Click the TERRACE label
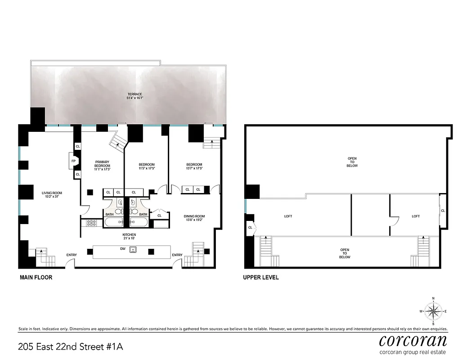(x=134, y=94)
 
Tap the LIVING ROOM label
(x=52, y=193)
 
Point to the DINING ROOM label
(x=194, y=216)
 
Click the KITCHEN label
(x=129, y=235)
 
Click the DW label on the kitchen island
(x=122, y=248)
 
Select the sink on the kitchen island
(x=133, y=250)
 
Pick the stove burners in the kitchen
(x=92, y=222)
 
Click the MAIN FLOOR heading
(x=36, y=278)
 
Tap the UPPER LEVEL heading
(x=261, y=278)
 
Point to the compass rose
(x=433, y=311)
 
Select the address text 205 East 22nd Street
(x=70, y=346)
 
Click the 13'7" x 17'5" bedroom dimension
(x=194, y=169)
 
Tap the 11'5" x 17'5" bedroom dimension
(x=147, y=169)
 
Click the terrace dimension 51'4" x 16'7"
(x=134, y=98)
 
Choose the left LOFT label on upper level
(x=288, y=216)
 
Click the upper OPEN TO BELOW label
(x=352, y=162)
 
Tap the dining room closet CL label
(x=159, y=216)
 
